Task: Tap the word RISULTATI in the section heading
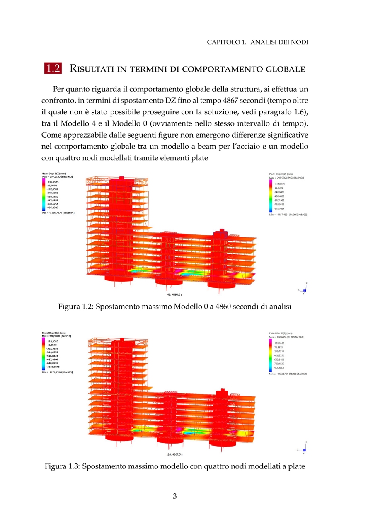(91, 68)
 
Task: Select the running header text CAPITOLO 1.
(224, 42)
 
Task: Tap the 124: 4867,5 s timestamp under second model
(174, 454)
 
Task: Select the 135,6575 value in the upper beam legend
(54, 182)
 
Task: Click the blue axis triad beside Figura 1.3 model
(304, 449)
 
